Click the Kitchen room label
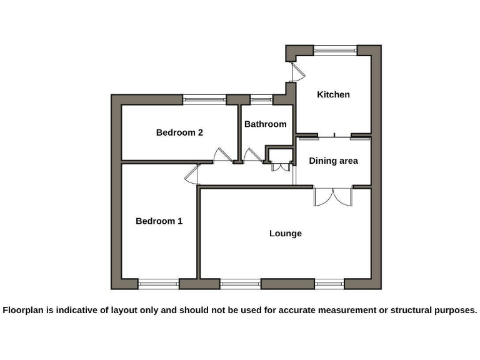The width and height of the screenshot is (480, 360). pyautogui.click(x=333, y=95)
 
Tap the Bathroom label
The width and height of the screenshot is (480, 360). pyautogui.click(x=265, y=124)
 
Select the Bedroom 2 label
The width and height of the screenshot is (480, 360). pyautogui.click(x=179, y=132)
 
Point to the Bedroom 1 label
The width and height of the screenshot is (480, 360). pyautogui.click(x=159, y=221)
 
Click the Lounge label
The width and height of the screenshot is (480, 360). pyautogui.click(x=286, y=234)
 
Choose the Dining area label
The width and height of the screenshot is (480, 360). pyautogui.click(x=333, y=161)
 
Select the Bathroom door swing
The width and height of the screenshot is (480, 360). pyautogui.click(x=252, y=155)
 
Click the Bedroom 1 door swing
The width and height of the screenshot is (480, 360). pyautogui.click(x=192, y=174)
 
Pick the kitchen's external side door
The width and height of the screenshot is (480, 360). pyautogui.click(x=297, y=72)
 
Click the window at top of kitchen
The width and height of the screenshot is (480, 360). pyautogui.click(x=335, y=50)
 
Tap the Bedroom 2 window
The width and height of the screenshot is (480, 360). pyautogui.click(x=204, y=99)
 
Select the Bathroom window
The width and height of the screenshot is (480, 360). pyautogui.click(x=261, y=99)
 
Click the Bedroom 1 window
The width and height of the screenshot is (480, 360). pyautogui.click(x=158, y=284)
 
